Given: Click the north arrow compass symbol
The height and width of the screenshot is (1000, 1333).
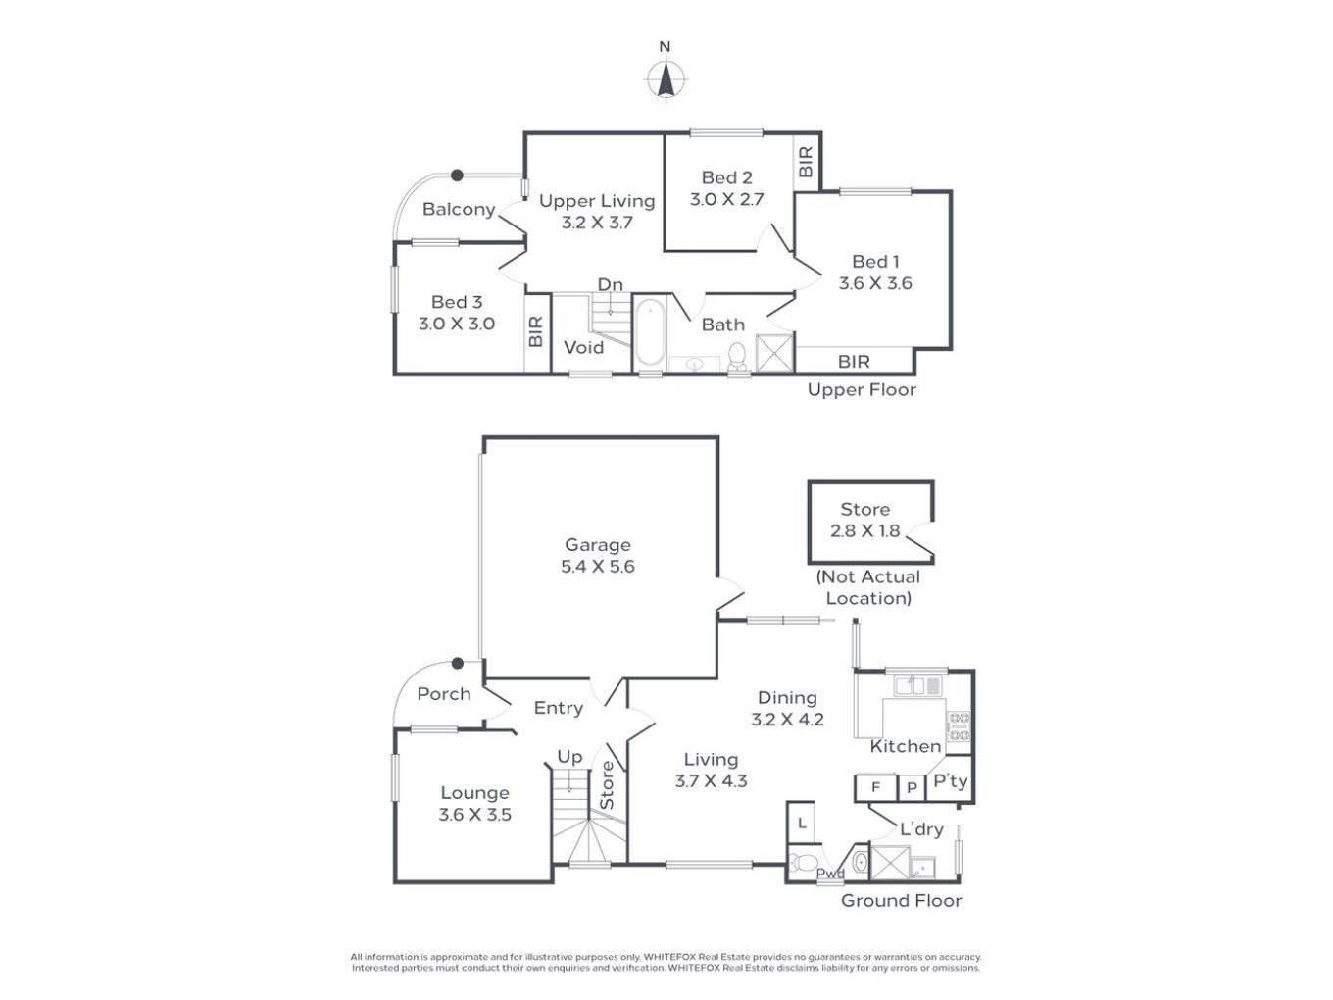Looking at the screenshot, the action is point(666,79).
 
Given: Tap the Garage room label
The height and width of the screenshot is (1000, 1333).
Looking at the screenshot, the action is point(598,545).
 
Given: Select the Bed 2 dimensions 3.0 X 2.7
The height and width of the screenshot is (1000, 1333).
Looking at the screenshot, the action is point(726,199).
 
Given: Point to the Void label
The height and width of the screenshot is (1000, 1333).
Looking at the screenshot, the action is point(583,347).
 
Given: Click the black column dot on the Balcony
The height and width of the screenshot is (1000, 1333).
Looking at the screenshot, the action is point(457,175).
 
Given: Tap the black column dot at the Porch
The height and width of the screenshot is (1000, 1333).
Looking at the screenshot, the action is point(458,663).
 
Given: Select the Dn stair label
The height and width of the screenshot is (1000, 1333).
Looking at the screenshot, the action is point(610,284).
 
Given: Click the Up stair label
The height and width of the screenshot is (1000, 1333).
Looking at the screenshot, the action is point(569,757).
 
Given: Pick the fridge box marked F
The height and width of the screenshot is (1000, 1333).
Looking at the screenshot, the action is point(875,787).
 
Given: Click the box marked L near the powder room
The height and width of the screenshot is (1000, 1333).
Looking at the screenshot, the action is point(801,823).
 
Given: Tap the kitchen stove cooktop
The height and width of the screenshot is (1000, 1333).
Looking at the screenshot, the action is point(960,726).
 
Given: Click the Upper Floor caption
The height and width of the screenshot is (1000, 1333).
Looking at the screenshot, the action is point(862,390).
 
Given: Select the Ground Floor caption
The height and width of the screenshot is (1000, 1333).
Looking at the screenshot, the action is point(901,900).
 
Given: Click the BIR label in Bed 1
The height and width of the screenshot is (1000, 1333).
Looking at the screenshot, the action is point(854,362).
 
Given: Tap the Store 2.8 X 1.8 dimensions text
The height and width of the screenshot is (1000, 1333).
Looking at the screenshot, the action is point(864,530).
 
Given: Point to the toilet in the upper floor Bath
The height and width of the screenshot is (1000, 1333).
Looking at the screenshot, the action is point(737,356).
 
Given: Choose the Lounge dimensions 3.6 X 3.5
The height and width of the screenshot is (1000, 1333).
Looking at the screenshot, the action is point(475,814).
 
